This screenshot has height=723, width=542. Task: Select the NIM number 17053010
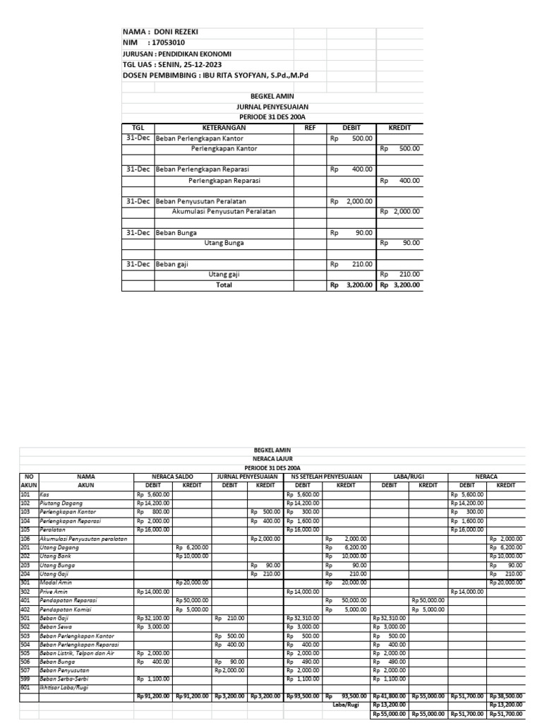pos(166,43)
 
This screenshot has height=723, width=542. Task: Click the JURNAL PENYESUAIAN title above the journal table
pos(272,107)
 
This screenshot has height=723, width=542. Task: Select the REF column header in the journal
pos(310,128)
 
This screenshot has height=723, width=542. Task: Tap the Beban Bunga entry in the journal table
pos(176,232)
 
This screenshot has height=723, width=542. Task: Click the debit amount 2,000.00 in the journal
pos(359,201)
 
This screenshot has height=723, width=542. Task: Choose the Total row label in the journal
pos(224,285)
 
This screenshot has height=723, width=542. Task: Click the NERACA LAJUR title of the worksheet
pos(272,458)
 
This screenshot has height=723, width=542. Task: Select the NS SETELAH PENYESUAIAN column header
pos(327,477)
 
